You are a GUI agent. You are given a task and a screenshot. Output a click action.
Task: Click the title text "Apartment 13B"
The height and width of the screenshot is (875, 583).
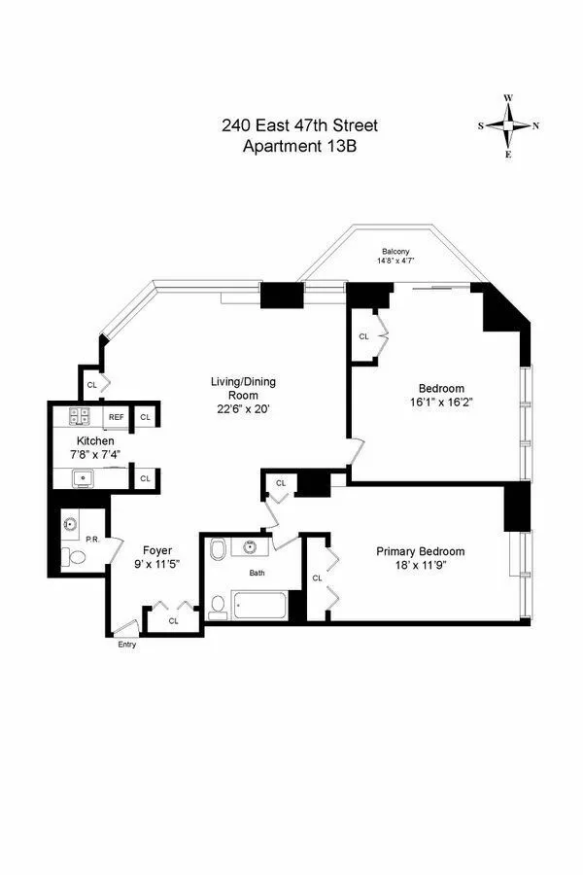(298, 147)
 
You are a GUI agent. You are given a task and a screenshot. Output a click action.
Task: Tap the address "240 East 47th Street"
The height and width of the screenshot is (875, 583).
(298, 126)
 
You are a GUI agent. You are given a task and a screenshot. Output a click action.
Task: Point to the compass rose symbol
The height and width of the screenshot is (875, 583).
(508, 125)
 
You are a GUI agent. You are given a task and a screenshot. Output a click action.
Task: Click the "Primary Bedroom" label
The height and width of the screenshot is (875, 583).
(421, 551)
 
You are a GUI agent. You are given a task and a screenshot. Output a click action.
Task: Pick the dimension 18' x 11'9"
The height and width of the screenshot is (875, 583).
(421, 567)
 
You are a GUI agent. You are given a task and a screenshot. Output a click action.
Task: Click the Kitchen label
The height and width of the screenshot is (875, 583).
(96, 440)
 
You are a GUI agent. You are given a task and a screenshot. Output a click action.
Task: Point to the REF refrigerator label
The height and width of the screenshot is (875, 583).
(116, 417)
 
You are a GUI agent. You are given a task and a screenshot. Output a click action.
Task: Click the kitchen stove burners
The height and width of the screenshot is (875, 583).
(80, 417)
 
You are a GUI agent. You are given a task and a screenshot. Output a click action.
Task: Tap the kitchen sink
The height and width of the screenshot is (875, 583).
(84, 477)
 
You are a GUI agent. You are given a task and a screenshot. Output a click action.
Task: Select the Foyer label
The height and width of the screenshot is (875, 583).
(157, 549)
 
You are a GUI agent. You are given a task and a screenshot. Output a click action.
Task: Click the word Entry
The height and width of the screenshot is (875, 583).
(126, 644)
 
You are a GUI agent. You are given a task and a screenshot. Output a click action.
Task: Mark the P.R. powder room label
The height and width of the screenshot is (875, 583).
(92, 538)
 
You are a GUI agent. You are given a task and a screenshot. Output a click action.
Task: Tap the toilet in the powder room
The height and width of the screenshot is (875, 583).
(74, 557)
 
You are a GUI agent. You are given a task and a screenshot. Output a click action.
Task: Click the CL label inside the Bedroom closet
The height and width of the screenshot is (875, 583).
(364, 336)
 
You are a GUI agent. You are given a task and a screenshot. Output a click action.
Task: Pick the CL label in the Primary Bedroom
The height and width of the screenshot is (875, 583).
(317, 577)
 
